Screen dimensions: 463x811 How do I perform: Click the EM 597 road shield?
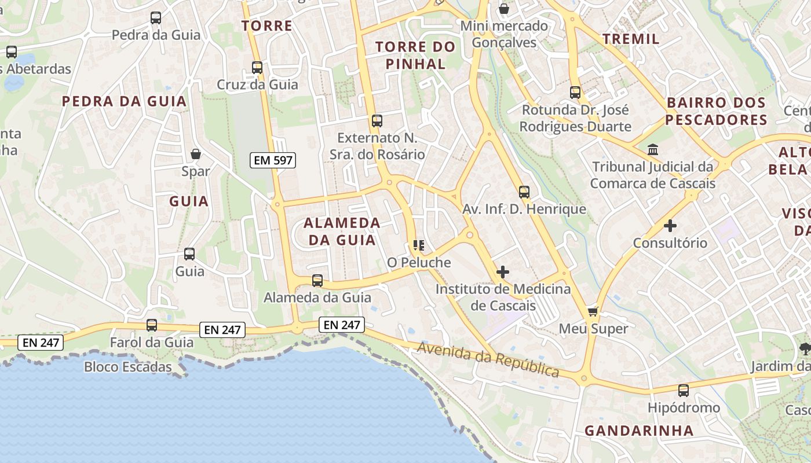[x=273, y=160]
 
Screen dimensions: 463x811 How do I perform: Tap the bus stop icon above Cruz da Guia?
[x=257, y=68]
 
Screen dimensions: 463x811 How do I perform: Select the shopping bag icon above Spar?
[x=196, y=154]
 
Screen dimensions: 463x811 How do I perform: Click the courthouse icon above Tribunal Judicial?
[x=653, y=150]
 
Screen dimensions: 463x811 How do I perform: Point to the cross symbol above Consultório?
[x=670, y=225]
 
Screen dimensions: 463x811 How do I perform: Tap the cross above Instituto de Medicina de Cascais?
[x=503, y=271]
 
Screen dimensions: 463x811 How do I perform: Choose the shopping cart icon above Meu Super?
[x=593, y=312]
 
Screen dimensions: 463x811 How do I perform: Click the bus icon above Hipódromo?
[x=684, y=391]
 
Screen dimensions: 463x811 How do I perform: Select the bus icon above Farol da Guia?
[x=152, y=325]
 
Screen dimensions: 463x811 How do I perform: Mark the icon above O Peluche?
[x=419, y=245]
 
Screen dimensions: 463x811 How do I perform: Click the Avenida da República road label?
[x=488, y=359]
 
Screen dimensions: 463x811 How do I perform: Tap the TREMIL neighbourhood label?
[x=631, y=39]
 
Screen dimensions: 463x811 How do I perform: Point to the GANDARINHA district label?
[x=639, y=431]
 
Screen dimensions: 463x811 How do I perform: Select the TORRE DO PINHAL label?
[x=415, y=55]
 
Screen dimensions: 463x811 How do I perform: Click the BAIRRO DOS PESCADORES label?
[x=716, y=111]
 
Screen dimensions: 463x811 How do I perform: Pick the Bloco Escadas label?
[x=128, y=367]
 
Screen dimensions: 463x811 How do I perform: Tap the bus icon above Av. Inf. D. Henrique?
[x=524, y=192]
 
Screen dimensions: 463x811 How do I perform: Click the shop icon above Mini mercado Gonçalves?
[x=504, y=9]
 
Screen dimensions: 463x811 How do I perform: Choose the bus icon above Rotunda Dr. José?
[x=575, y=93]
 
